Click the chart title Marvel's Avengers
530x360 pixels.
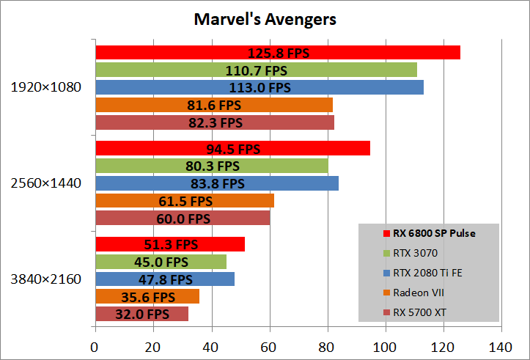[265, 19]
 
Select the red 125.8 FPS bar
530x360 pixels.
[278, 53]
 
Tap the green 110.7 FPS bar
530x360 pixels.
[256, 70]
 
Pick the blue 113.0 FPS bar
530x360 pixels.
[259, 87]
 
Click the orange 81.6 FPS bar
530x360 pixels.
[213, 105]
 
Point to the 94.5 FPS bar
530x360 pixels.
[232, 149]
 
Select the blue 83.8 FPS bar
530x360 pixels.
[216, 183]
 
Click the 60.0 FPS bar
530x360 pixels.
[183, 218]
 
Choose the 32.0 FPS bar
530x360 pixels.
[141, 314]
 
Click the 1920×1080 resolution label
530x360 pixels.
[46, 87]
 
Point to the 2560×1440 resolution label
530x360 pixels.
[46, 183]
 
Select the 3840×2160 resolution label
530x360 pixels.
[46, 279]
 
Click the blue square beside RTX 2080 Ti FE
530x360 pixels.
[387, 274]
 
